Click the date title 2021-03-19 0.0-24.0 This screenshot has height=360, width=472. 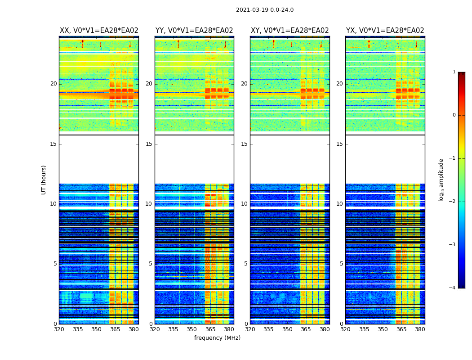pyautogui.click(x=265, y=10)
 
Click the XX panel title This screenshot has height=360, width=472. pyautogui.click(x=99, y=31)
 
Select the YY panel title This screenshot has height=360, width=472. pyautogui.click(x=194, y=31)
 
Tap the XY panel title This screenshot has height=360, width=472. pyautogui.click(x=290, y=31)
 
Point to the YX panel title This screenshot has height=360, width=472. pyautogui.click(x=385, y=31)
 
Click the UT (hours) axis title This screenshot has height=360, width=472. pyautogui.click(x=44, y=180)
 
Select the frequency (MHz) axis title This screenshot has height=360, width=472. pyautogui.click(x=217, y=338)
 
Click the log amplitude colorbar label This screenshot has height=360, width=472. pyautogui.click(x=441, y=180)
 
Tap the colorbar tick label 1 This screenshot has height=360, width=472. pyautogui.click(x=454, y=72)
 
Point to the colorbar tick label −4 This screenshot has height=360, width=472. pyautogui.click(x=453, y=288)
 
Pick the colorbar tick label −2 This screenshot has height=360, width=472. pyautogui.click(x=453, y=202)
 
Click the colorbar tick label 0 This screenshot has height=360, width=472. pyautogui.click(x=454, y=115)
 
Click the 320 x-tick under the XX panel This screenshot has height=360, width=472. pyautogui.click(x=59, y=329)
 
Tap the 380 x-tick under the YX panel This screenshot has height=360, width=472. pyautogui.click(x=420, y=329)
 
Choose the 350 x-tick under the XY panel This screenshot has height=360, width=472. pyautogui.click(x=287, y=329)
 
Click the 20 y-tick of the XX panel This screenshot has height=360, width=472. pyautogui.click(x=53, y=84)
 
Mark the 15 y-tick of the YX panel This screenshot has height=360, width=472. pyautogui.click(x=340, y=144)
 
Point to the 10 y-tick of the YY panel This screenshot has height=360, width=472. pyautogui.click(x=149, y=204)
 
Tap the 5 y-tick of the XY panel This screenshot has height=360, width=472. pyautogui.click(x=246, y=264)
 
